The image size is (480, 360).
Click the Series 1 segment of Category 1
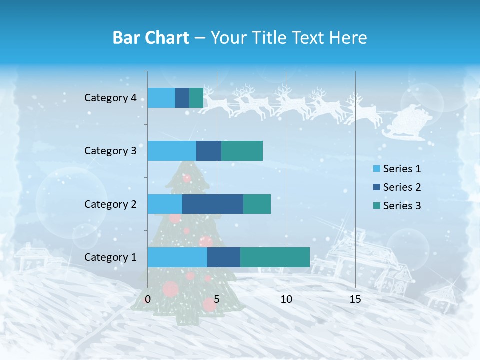pos(177,257)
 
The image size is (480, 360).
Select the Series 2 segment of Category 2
pos(213,204)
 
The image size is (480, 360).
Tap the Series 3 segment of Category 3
pos(242,151)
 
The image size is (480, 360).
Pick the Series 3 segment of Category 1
pos(275,257)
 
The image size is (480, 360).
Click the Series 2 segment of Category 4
pos(182,98)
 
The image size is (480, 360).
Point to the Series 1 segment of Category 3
pos(172,151)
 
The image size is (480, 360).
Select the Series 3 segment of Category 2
pos(257,204)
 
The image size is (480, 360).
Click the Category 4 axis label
pos(110,98)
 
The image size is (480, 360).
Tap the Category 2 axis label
pos(110,204)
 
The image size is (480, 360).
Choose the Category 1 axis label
pos(110,257)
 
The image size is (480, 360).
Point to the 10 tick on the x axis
pos(286,299)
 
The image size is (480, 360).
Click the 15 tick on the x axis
pos(355,299)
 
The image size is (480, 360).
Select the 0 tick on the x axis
pos(148,299)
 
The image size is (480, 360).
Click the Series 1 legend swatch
pos(377,169)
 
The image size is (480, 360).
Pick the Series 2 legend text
pos(402,187)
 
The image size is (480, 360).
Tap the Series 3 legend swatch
pos(377,206)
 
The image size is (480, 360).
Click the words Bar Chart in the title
pos(151,38)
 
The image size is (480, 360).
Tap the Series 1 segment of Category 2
pos(165,204)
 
